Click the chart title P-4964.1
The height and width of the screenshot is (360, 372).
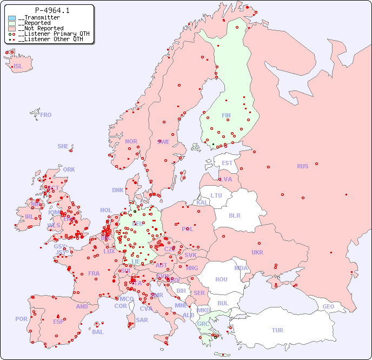(52, 10)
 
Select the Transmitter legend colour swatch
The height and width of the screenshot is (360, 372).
(12, 18)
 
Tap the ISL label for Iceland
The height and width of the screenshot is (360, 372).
(18, 67)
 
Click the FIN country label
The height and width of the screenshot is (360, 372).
(226, 115)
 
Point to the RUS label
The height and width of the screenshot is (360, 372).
(302, 166)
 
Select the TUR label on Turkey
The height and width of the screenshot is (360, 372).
(277, 330)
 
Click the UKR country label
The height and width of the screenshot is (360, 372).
(257, 252)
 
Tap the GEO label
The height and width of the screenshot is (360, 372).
(328, 306)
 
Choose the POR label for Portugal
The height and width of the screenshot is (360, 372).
(21, 319)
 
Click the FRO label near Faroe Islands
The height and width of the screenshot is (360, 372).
(46, 115)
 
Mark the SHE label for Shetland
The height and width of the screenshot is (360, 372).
(63, 146)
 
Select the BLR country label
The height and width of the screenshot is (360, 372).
(235, 215)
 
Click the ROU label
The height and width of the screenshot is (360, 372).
(221, 279)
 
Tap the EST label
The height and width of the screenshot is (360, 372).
(228, 163)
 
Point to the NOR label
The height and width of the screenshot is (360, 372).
(131, 141)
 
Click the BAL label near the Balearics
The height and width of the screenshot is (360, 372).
(97, 332)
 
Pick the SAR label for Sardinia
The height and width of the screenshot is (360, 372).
(142, 319)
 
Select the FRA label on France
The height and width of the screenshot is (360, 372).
(94, 273)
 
